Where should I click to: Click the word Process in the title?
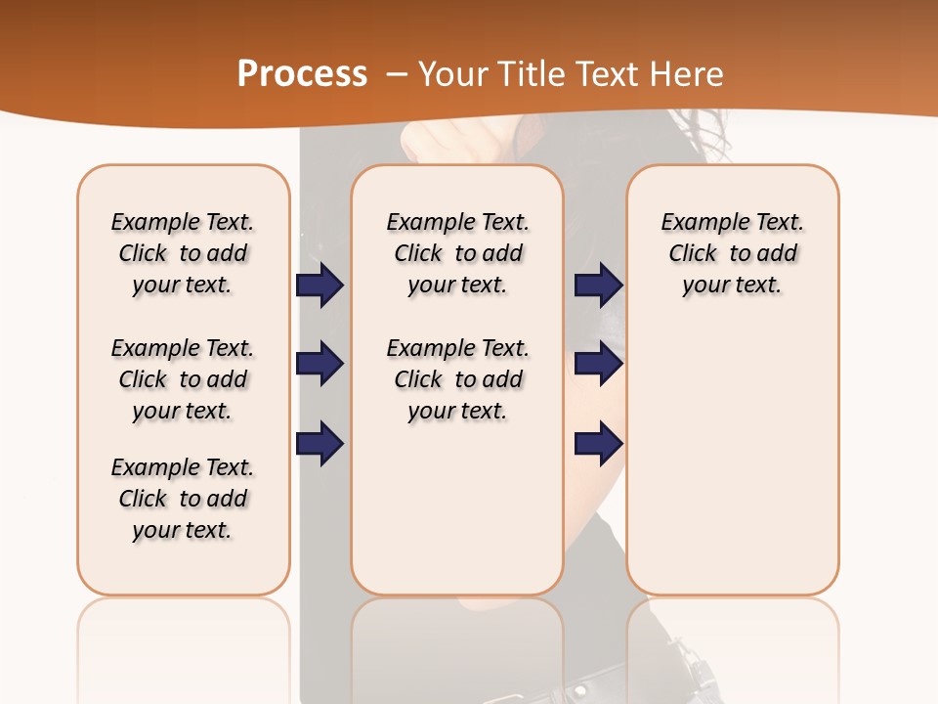point(302,74)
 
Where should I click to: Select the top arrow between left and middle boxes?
point(320,285)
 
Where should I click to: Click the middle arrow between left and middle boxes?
point(320,364)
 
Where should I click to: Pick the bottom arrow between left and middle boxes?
point(320,444)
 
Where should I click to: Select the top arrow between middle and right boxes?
point(598,285)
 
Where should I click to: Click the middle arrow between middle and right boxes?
point(598,364)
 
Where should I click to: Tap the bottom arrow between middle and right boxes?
point(598,444)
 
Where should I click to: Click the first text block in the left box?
point(183,253)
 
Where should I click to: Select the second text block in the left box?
point(183,379)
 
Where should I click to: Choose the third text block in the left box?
point(183,499)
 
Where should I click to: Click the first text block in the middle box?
point(457,253)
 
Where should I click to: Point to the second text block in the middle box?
point(457,379)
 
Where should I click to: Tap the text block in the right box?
point(732,253)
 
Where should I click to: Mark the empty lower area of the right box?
point(732,460)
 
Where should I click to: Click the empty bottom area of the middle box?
point(457,518)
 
